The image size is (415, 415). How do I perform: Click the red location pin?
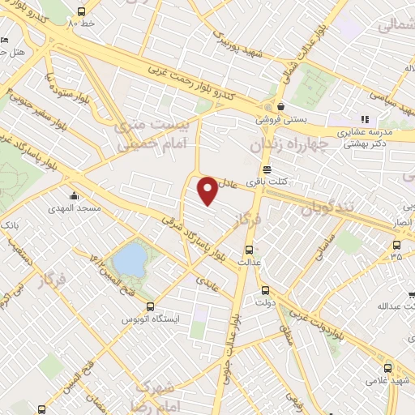click(x=208, y=190)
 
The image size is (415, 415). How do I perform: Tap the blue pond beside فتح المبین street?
click(x=130, y=260)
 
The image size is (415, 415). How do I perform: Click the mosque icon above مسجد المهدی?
click(x=75, y=195)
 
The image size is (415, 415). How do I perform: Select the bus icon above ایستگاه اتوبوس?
click(x=150, y=306)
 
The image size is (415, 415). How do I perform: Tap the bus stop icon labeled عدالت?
click(x=248, y=250)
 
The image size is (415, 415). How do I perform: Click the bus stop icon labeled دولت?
click(x=264, y=290)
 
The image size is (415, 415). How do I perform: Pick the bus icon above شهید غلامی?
click(x=387, y=367)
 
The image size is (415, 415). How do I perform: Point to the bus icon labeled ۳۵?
click(x=396, y=245)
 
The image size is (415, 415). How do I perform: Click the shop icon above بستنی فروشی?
click(x=280, y=106)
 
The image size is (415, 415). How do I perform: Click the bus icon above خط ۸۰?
click(x=81, y=12)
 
